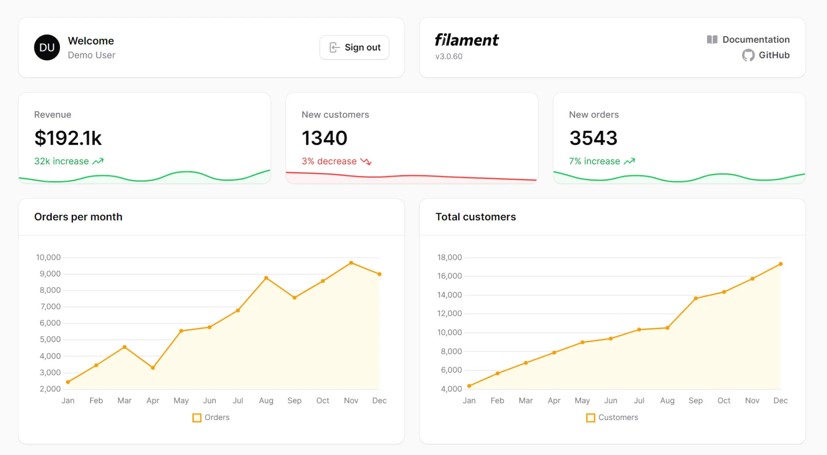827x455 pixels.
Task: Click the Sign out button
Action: (354, 47)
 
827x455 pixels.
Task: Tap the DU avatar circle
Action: (47, 47)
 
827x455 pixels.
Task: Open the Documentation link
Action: (749, 39)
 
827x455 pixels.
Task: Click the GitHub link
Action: (766, 55)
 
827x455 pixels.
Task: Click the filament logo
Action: (466, 40)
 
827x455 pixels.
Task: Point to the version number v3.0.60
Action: (449, 56)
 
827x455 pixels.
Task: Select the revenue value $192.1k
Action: (68, 138)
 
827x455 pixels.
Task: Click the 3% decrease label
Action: (329, 161)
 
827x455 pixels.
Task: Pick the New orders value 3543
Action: (593, 138)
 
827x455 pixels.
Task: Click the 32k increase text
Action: (62, 161)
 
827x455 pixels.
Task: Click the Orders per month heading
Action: (78, 217)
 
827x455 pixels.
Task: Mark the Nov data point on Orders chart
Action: (351, 263)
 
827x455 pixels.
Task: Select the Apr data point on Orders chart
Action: (153, 368)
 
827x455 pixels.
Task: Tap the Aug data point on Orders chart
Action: (266, 278)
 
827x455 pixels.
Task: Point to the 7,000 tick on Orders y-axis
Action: (50, 307)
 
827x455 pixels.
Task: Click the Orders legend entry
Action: (211, 418)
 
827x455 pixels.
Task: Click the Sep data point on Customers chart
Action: (696, 299)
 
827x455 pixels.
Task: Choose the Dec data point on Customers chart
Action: (781, 264)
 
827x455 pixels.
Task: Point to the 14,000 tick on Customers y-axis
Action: (450, 295)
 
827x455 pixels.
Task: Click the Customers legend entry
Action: (613, 418)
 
